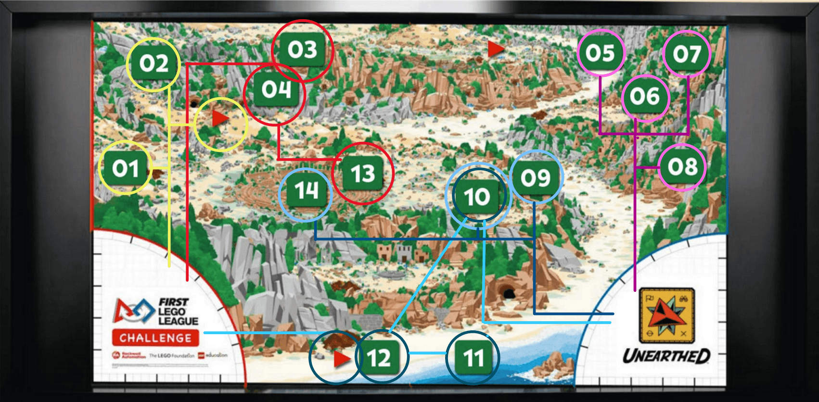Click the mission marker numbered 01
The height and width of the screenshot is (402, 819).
pos(126,168)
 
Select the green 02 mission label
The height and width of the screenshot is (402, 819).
pos(154,63)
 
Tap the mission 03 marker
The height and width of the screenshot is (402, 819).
pos(302,50)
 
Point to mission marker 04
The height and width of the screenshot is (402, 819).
pos(276,89)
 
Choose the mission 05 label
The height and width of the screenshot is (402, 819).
pos(600,53)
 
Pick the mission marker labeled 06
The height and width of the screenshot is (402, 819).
pos(645,96)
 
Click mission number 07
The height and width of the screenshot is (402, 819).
pos(687,54)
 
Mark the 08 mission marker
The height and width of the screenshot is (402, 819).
pos(682,167)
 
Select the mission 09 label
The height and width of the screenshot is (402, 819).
pos(535,177)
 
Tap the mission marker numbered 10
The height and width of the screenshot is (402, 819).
pos(476,196)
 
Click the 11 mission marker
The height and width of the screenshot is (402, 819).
pos(473,358)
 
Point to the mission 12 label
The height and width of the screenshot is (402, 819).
pos(379,358)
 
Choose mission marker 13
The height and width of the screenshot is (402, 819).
pos(362,173)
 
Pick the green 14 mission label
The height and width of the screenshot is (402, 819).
pos(306,190)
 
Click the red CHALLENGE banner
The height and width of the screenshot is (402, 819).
pos(155,338)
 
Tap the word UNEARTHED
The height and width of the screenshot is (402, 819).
pos(666,356)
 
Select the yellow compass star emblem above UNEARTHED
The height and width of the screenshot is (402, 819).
pos(666,315)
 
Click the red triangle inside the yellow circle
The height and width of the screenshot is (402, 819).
pos(220,118)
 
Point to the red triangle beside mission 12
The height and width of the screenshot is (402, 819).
pos(341,359)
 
